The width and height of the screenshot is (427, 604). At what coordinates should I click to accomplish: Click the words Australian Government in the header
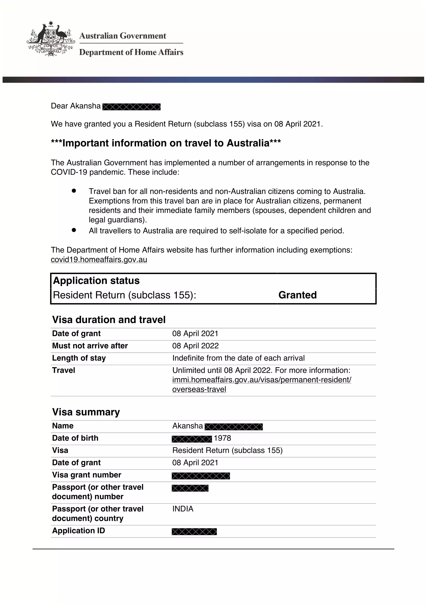(123, 36)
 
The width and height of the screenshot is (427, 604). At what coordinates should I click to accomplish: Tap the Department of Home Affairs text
(131, 52)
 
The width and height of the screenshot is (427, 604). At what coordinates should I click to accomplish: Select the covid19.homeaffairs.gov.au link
(99, 259)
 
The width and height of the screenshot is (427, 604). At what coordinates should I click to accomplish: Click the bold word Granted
(297, 295)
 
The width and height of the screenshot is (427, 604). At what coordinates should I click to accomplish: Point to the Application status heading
(96, 281)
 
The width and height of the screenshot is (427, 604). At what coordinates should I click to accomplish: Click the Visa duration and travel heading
(109, 320)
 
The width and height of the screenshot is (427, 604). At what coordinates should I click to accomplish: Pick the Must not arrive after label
(90, 346)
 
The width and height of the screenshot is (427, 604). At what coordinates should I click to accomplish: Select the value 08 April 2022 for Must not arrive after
(195, 346)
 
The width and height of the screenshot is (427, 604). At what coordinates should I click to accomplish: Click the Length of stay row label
(79, 358)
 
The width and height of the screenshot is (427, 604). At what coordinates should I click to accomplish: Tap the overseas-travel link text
(199, 389)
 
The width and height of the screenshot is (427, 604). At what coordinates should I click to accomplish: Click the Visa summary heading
(86, 412)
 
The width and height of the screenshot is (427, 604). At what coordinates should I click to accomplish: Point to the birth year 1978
(223, 438)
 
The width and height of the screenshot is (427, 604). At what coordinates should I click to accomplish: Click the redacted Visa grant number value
(201, 476)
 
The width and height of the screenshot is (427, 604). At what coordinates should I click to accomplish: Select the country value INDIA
(183, 509)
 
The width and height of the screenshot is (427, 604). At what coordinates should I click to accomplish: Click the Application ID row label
(79, 531)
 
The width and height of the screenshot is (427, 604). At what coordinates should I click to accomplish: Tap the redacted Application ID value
(194, 531)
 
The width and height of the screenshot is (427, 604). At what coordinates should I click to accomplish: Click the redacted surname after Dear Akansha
(131, 107)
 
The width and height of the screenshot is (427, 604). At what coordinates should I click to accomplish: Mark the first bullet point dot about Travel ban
(74, 191)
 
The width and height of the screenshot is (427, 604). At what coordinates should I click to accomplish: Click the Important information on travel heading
(166, 143)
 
